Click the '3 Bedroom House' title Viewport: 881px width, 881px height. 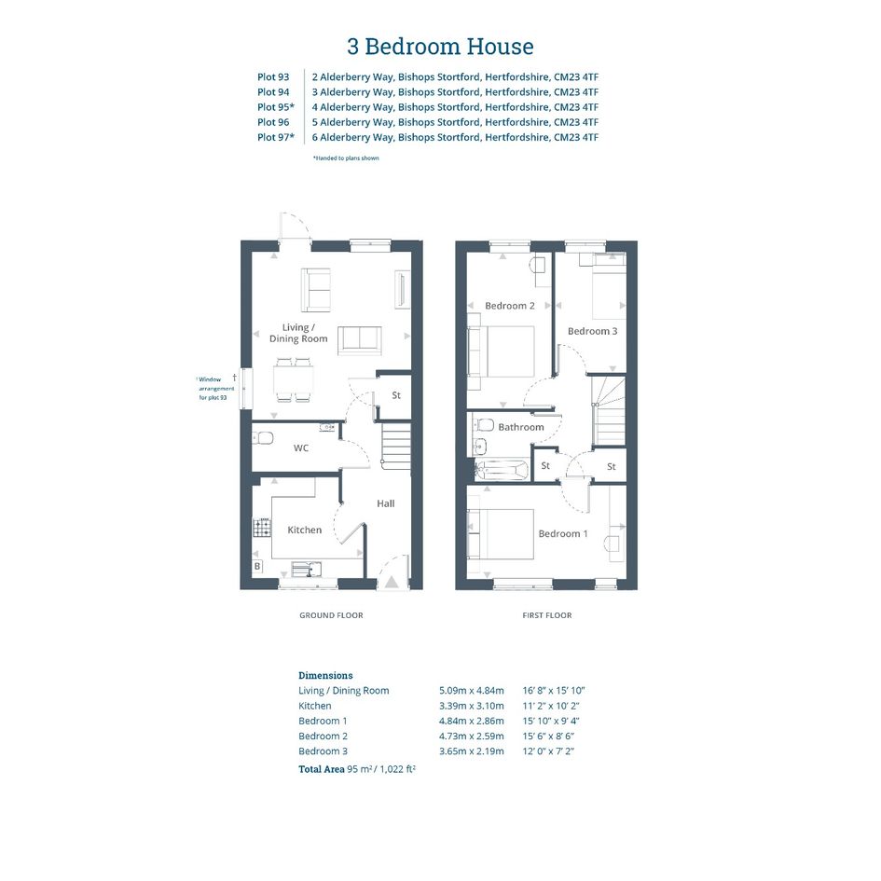[x=440, y=46]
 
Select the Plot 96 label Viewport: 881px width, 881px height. [x=273, y=122]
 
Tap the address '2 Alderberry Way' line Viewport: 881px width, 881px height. [x=455, y=77]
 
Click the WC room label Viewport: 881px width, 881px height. [x=300, y=447]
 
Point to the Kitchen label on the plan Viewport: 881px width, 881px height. [x=305, y=530]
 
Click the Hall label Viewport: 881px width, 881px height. [x=385, y=503]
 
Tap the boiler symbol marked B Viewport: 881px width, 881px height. [x=257, y=566]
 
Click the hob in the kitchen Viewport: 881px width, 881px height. [x=262, y=528]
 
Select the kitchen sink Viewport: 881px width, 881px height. [x=306, y=569]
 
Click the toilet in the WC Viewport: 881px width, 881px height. [x=262, y=437]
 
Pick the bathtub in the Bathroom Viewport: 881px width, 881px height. [x=502, y=470]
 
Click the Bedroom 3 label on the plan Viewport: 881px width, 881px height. [x=592, y=331]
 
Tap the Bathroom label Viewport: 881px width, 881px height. [x=521, y=427]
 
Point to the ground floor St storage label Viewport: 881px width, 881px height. [x=396, y=395]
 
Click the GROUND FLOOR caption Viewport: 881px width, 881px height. [x=331, y=615]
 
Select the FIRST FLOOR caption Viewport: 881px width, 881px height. [x=546, y=615]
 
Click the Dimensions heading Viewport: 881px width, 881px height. [x=325, y=675]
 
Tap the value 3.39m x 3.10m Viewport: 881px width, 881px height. [x=472, y=706]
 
